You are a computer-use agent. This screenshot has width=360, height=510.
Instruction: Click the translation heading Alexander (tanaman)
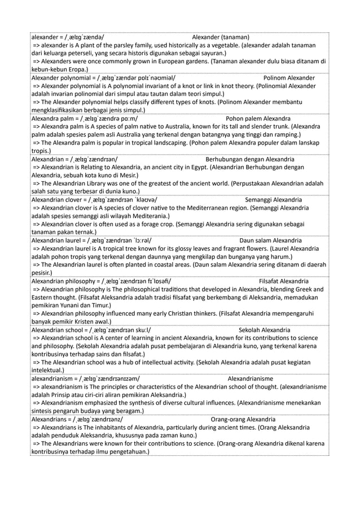click(221, 37)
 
